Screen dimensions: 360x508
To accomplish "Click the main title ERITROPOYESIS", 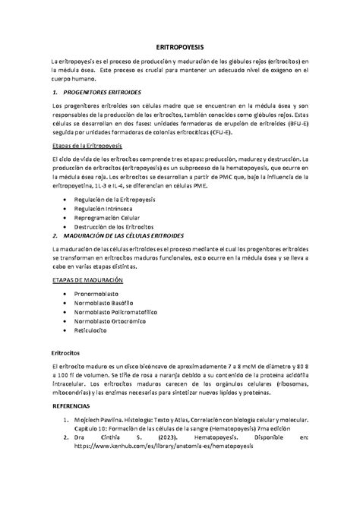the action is pos(180,46).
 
